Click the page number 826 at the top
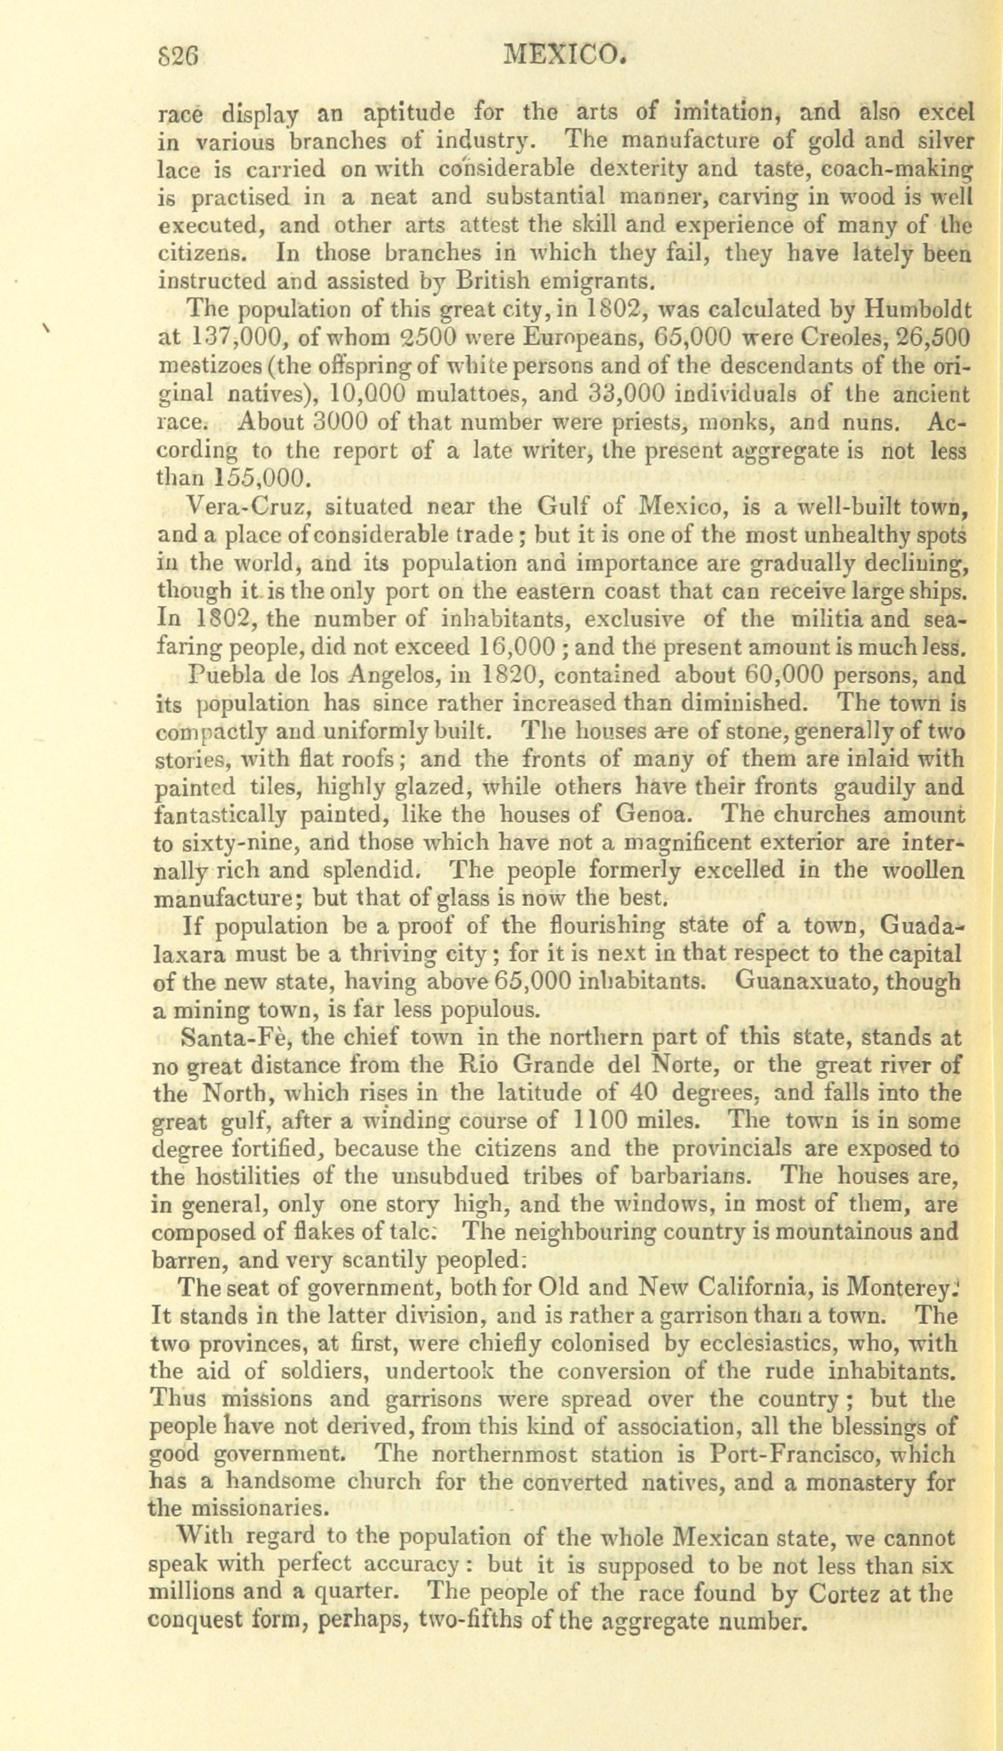[179, 56]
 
